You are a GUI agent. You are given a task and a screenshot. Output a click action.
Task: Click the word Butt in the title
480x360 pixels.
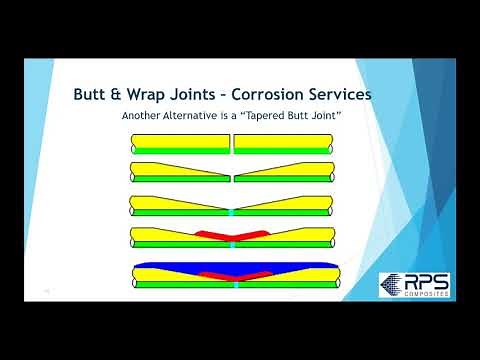95,95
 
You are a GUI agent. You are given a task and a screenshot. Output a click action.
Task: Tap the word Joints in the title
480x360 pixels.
221,95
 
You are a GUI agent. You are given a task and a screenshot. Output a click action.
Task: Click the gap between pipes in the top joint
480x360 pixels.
232,144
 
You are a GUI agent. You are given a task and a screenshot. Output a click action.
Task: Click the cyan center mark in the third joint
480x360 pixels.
232,212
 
